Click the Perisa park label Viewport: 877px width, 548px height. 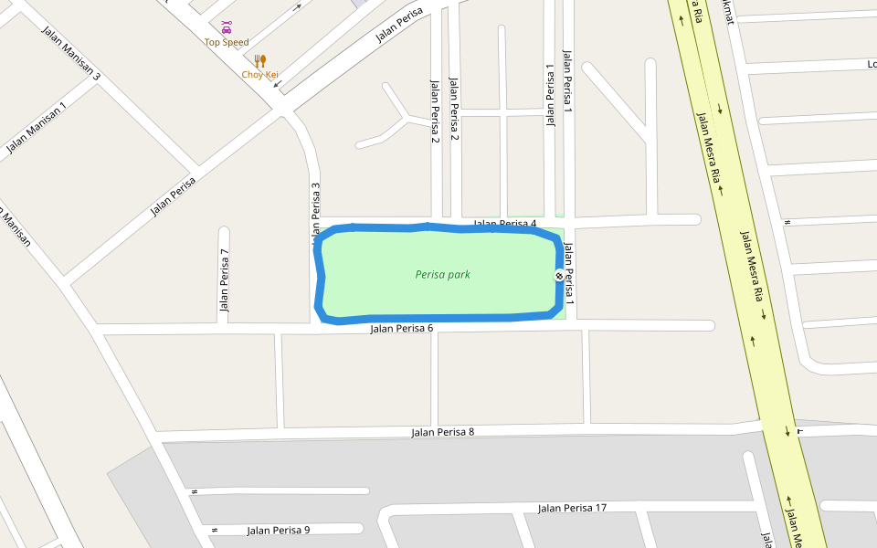(x=442, y=274)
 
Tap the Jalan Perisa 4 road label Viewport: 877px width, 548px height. (x=504, y=224)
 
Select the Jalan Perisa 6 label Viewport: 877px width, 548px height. (x=401, y=329)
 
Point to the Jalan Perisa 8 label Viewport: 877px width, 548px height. (x=443, y=432)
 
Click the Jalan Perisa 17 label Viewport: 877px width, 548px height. (x=572, y=508)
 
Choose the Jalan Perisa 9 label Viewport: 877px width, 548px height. (x=279, y=530)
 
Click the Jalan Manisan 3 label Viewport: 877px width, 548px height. (x=70, y=53)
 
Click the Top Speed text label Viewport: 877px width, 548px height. (x=227, y=42)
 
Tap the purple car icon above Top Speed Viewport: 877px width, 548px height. (x=227, y=26)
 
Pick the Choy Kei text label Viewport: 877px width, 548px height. (x=259, y=75)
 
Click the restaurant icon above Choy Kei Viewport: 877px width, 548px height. (x=260, y=60)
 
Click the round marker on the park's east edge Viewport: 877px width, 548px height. (x=559, y=275)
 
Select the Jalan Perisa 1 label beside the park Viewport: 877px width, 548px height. (x=568, y=272)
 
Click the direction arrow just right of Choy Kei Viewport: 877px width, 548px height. (x=278, y=84)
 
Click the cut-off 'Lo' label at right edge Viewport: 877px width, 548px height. (x=871, y=64)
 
